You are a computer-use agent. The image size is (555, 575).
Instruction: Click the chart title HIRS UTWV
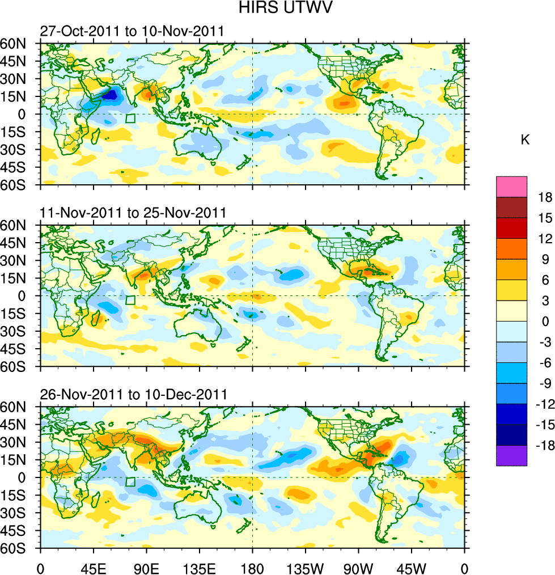click(278, 9)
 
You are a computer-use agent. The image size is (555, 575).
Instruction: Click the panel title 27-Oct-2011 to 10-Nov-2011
click(132, 31)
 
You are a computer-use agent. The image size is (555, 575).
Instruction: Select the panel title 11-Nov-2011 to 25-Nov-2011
click(133, 213)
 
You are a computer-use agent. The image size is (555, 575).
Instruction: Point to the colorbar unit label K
click(525, 140)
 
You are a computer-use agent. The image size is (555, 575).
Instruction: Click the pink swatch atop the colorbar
click(511, 187)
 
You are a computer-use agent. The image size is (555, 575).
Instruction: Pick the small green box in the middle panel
click(130, 301)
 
